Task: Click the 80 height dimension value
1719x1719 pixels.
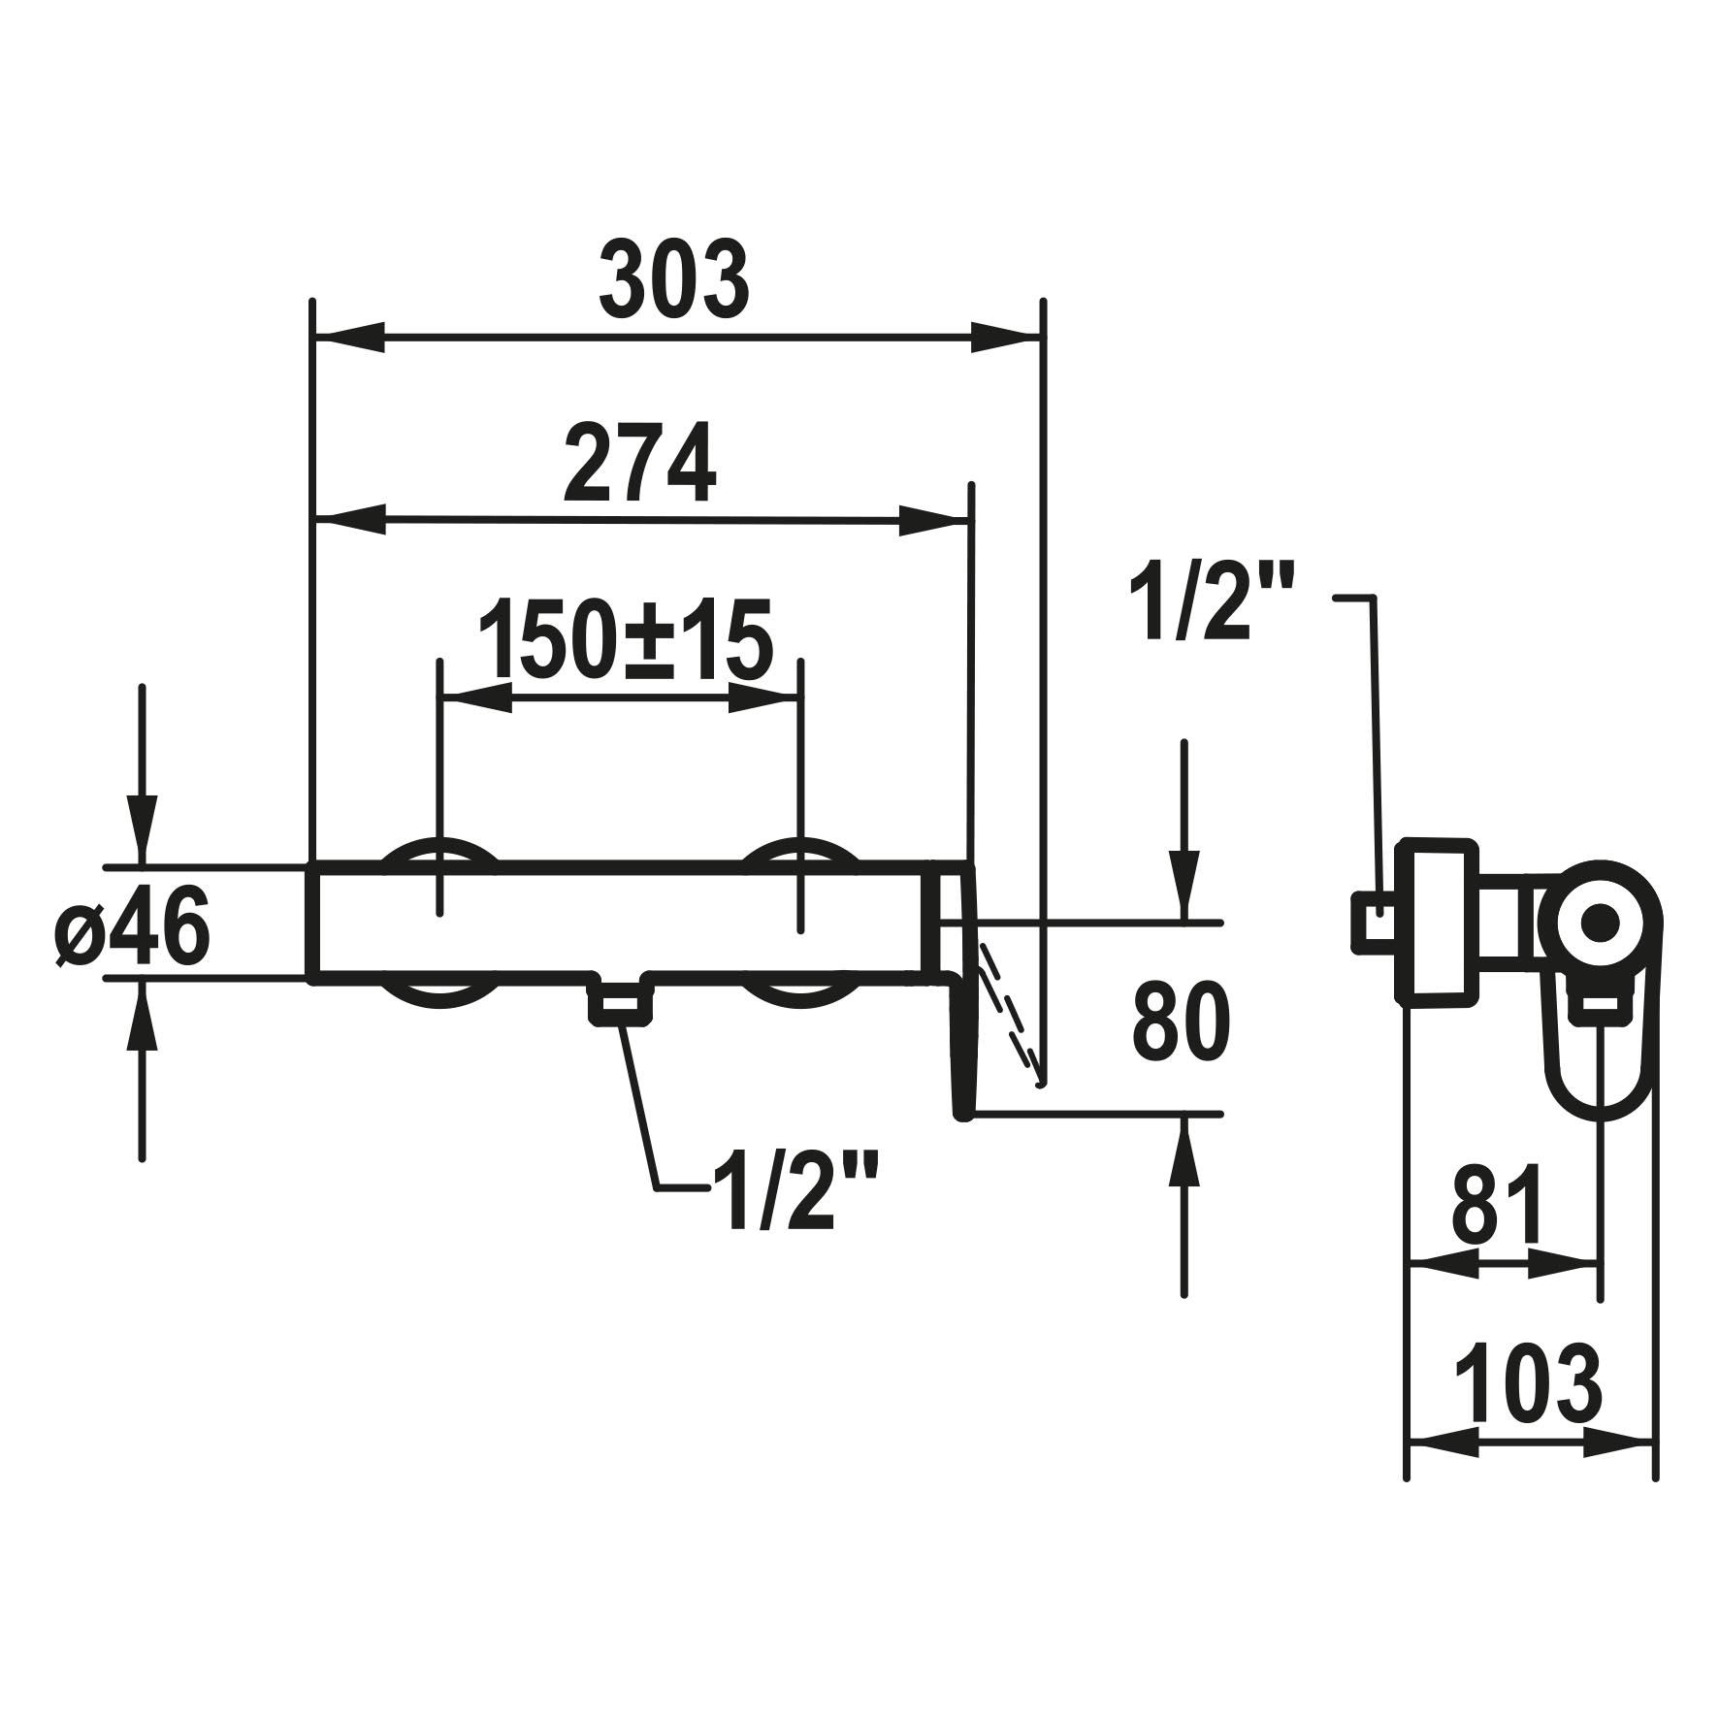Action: pos(1181,1022)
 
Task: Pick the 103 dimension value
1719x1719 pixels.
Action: pos(1528,1380)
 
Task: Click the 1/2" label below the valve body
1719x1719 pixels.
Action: pos(795,1191)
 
